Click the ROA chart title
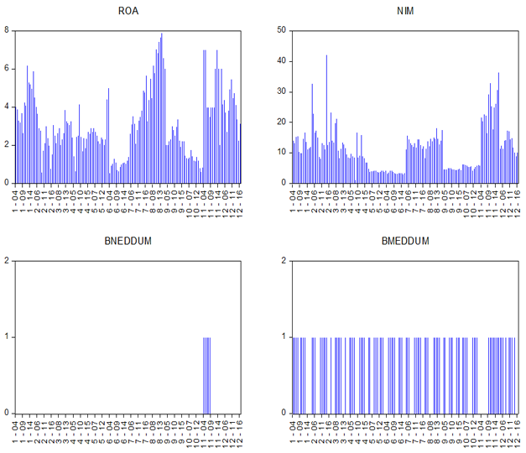coord(128,11)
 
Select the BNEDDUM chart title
coord(128,241)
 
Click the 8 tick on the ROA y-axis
coord(7,31)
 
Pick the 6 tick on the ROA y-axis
coord(7,69)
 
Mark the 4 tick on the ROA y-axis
coord(7,107)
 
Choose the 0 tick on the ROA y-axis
coord(7,183)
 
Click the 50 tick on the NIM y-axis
coord(281,31)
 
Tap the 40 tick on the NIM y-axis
coord(281,61)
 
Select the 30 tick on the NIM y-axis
coord(281,91)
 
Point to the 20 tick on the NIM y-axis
coord(281,122)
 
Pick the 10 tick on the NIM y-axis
coord(281,153)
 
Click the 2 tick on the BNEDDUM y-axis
coord(7,261)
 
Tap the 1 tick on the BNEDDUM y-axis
coord(7,337)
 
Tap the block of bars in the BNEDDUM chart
coord(206,374)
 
